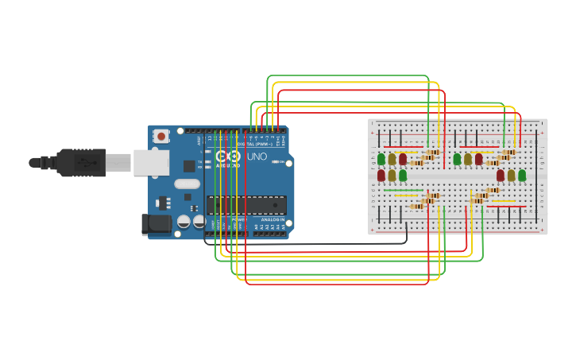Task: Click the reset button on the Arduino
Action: pyautogui.click(x=162, y=136)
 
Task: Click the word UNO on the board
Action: pyautogui.click(x=257, y=157)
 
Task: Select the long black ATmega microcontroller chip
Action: pyautogui.click(x=246, y=205)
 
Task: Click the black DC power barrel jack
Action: pyautogui.click(x=156, y=224)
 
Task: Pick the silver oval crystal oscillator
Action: pyautogui.click(x=187, y=184)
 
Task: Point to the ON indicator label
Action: pyautogui.click(x=282, y=162)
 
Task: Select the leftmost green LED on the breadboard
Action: pyautogui.click(x=381, y=159)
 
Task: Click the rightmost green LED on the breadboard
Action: pyautogui.click(x=522, y=175)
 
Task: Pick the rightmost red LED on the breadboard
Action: pyautogui.click(x=501, y=175)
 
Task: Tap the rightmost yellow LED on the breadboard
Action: pyautogui.click(x=511, y=175)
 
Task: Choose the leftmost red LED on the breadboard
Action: pyautogui.click(x=381, y=175)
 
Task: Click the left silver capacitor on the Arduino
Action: pyautogui.click(x=184, y=222)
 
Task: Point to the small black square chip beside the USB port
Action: pyautogui.click(x=189, y=165)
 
